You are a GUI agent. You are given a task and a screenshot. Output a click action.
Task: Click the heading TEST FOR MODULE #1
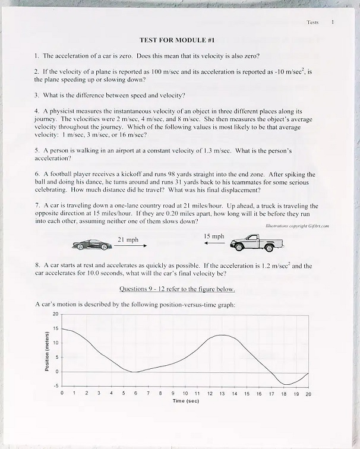(x=176, y=40)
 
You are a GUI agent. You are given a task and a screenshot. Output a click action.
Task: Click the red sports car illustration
(x=91, y=244)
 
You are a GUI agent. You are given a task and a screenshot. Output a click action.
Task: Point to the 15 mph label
(x=214, y=236)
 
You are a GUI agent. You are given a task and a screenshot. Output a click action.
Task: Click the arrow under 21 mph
(x=130, y=245)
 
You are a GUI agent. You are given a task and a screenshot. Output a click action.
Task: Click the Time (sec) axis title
(x=185, y=401)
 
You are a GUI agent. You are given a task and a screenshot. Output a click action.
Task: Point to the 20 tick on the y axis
(x=56, y=314)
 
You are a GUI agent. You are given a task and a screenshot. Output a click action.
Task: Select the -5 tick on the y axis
(x=55, y=386)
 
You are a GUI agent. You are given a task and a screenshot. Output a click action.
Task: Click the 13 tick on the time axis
(x=222, y=393)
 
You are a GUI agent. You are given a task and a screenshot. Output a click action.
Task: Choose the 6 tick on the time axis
(x=135, y=393)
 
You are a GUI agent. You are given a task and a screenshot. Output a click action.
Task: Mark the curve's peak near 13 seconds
(x=222, y=335)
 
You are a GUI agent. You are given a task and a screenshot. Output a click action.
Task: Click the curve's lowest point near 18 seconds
(x=285, y=384)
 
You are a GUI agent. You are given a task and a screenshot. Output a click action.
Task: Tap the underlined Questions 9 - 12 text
(x=177, y=289)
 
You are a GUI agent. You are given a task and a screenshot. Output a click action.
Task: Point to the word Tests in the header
(x=312, y=22)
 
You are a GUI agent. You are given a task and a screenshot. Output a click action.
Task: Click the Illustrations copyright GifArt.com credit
(x=297, y=226)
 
